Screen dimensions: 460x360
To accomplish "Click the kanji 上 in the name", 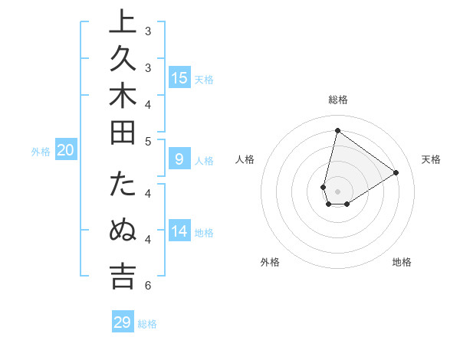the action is pyautogui.click(x=123, y=23).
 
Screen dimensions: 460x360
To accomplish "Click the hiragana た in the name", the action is pyautogui.click(x=123, y=185).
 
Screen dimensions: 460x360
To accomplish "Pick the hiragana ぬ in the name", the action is pyautogui.click(x=123, y=231).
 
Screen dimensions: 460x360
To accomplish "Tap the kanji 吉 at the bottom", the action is pyautogui.click(x=123, y=277).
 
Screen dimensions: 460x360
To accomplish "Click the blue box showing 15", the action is pyautogui.click(x=179, y=77).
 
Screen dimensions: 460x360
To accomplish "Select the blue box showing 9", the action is pyautogui.click(x=179, y=159).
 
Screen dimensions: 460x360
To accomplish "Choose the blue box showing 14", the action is pyautogui.click(x=179, y=231).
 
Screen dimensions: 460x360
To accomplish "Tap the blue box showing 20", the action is pyautogui.click(x=65, y=151).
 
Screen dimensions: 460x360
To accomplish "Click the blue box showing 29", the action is pyautogui.click(x=123, y=322).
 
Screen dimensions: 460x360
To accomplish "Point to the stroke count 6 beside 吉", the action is pyautogui.click(x=147, y=286).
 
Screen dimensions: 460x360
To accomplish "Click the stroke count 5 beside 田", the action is pyautogui.click(x=147, y=141).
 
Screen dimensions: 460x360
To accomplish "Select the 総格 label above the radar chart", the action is pyautogui.click(x=337, y=100).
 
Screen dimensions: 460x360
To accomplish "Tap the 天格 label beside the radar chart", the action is pyautogui.click(x=431, y=159).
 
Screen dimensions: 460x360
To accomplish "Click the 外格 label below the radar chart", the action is pyautogui.click(x=269, y=262).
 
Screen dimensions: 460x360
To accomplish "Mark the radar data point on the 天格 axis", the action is pyautogui.click(x=396, y=172).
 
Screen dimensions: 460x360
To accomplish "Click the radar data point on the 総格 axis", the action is pyautogui.click(x=337, y=130).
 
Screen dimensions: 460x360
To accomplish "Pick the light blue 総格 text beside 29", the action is pyautogui.click(x=147, y=324).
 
